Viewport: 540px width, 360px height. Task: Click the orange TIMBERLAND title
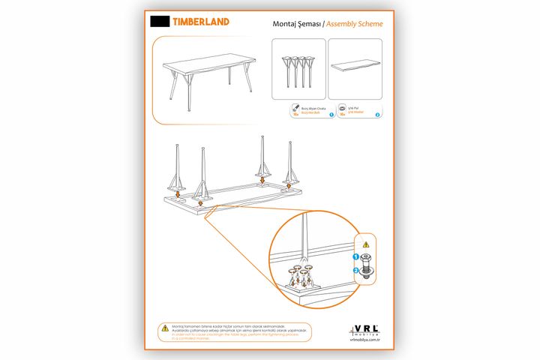201,22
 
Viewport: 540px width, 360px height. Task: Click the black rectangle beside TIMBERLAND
159,22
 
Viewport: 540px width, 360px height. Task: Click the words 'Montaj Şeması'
298,24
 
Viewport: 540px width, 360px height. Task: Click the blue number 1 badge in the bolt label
331,114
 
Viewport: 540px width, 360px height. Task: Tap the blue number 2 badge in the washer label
377,114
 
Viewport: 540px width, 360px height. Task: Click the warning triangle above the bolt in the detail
366,244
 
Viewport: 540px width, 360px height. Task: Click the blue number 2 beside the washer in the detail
356,270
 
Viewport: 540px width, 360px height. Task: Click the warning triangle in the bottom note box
163,328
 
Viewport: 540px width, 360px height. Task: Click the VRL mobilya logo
365,329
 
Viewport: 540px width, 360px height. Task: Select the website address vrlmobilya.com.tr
366,340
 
